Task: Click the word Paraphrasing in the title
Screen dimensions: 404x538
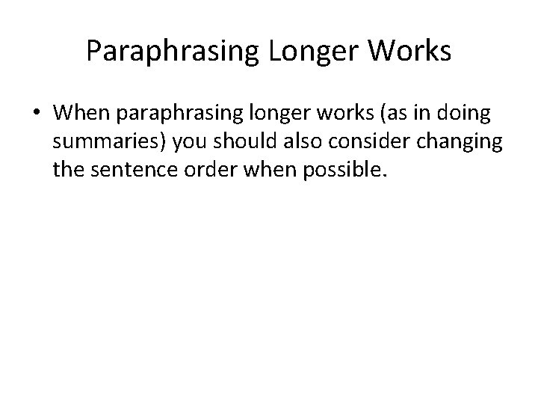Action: [x=171, y=52]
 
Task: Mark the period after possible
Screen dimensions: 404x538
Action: [x=386, y=176]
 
